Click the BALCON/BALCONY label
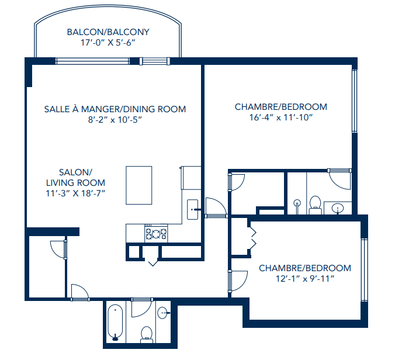108,32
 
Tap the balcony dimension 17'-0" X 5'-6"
108,43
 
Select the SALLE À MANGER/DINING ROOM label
115,109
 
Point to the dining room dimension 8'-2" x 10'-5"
115,119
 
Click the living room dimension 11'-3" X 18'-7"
75,193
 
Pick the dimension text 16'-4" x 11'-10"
280,117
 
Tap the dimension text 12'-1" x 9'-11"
305,279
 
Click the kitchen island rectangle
139,185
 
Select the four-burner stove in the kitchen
157,234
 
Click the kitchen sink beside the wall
193,209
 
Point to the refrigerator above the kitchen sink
190,178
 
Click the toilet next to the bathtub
146,333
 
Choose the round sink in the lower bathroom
164,313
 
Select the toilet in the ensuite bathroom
315,203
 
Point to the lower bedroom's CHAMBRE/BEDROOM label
305,268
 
